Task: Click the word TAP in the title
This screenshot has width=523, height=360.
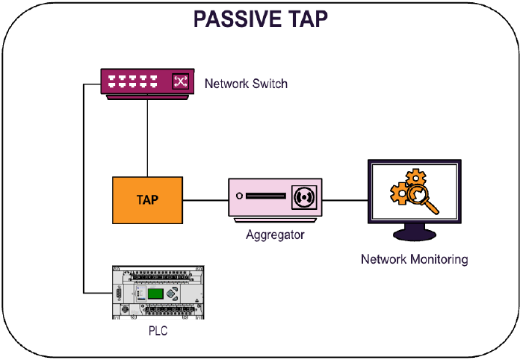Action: [x=306, y=19]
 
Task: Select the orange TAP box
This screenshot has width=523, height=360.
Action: [x=147, y=200]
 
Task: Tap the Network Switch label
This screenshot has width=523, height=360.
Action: [x=246, y=83]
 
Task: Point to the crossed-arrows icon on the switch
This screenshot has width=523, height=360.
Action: [x=180, y=81]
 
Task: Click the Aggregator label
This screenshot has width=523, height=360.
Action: [x=275, y=235]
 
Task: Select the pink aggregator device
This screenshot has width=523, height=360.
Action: [x=275, y=200]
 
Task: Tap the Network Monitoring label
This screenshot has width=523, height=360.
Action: [x=414, y=260]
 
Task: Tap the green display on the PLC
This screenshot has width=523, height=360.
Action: [x=155, y=293]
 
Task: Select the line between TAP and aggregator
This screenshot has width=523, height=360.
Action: [x=205, y=200]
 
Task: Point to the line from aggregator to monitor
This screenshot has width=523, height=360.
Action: [x=345, y=200]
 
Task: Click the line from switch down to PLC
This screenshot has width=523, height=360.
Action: [x=84, y=187]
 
